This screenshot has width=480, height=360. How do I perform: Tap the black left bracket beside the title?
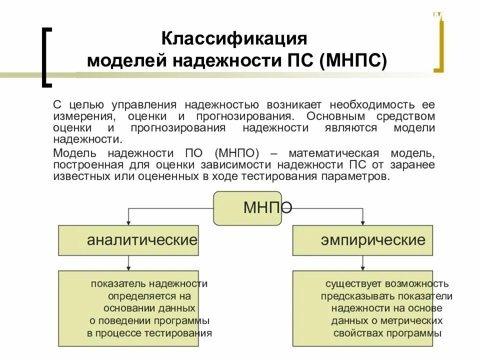pos(46,56)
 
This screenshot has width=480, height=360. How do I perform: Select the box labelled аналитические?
pos(128,240)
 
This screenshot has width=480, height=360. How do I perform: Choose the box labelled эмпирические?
pos(362,240)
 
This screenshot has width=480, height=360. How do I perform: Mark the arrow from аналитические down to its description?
pos(129,263)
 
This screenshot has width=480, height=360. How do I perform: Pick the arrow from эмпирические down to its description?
pos(362,263)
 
